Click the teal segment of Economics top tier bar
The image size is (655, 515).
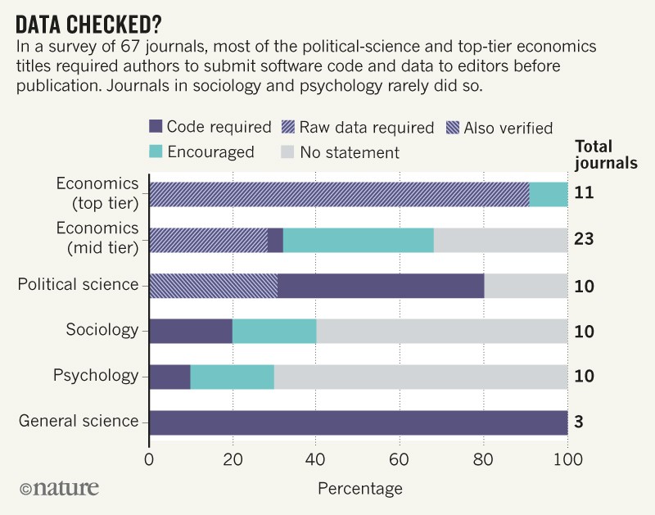[x=549, y=194]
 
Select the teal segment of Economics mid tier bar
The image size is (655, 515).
[x=358, y=240]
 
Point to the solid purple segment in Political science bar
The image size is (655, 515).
[x=381, y=285]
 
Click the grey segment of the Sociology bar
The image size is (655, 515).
[x=442, y=331]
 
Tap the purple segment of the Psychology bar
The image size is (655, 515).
[x=169, y=377]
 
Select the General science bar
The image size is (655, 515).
[x=358, y=422]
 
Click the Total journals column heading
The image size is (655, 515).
[x=605, y=154]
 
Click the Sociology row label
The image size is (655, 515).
[x=102, y=331]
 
